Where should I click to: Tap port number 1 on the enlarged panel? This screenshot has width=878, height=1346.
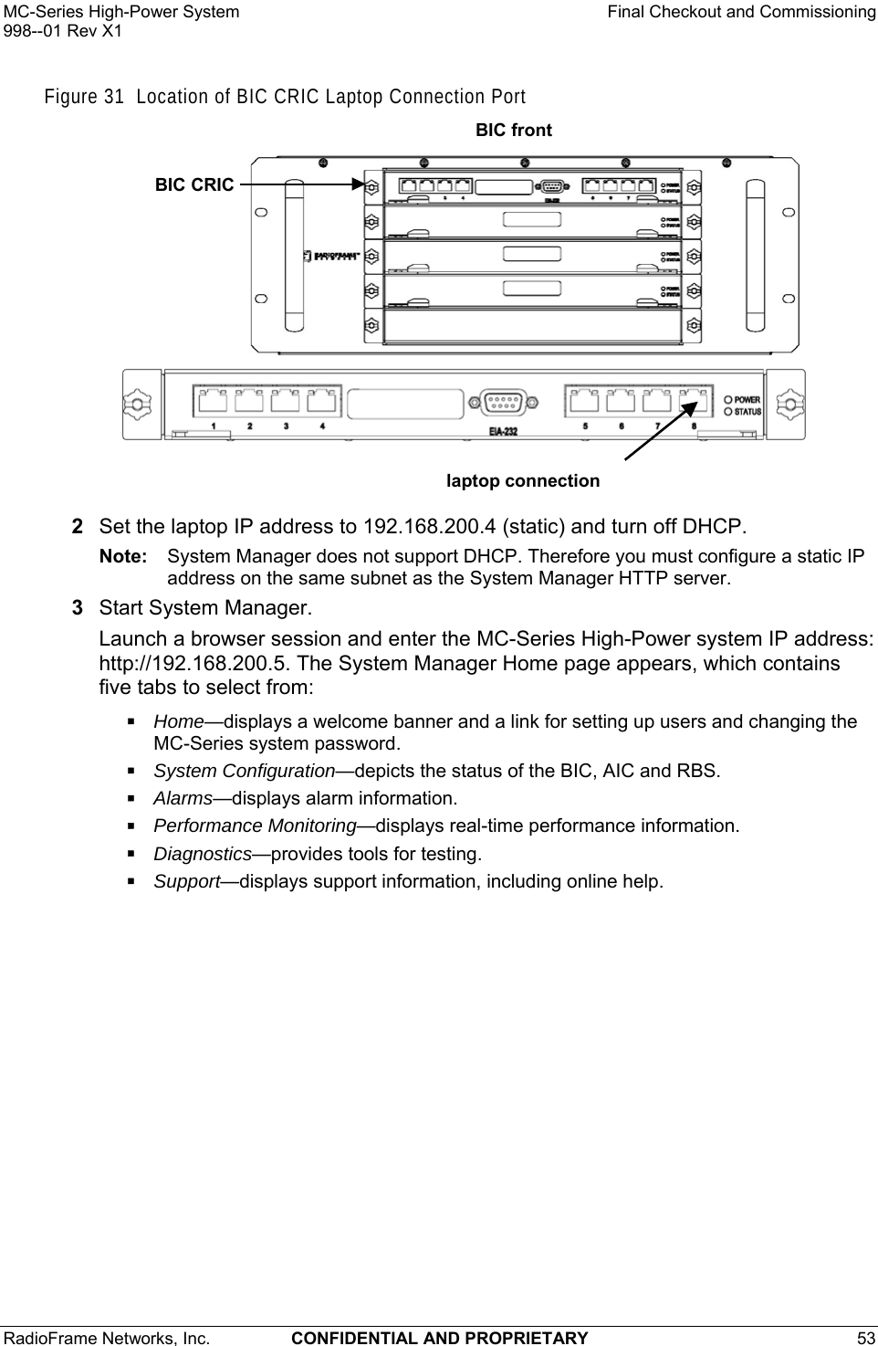tap(213, 401)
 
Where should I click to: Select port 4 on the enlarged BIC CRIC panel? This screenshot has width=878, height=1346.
tap(320, 401)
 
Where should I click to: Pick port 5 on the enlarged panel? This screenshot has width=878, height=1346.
tap(584, 401)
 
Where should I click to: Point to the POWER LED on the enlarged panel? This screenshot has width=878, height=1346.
tap(728, 399)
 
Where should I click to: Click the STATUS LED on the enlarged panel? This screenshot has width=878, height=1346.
tap(728, 412)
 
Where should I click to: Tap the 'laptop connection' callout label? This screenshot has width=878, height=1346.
tap(522, 481)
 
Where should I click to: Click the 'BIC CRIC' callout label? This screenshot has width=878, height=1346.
tap(193, 184)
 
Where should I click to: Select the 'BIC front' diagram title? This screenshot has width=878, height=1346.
tap(514, 131)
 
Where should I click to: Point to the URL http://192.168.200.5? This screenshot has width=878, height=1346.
tap(200, 662)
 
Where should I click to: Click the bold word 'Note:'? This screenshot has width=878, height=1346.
tap(123, 556)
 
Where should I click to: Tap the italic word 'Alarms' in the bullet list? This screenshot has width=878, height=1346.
tap(183, 798)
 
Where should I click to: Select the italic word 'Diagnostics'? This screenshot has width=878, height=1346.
tap(202, 854)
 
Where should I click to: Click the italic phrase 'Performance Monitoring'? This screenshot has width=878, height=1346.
tap(255, 825)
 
